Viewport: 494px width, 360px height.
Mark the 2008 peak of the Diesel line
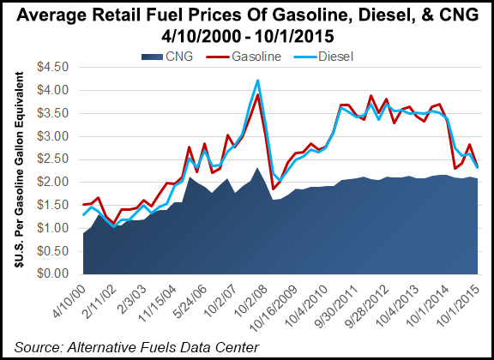257,81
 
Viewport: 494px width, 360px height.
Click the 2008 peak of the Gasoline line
257,95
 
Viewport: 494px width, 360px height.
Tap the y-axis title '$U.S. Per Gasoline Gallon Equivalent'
16,171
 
